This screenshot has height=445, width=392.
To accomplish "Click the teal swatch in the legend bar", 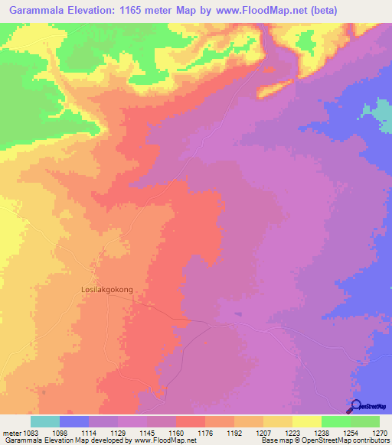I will pos(45,421).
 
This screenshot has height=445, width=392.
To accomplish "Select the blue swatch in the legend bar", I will pos(74,421).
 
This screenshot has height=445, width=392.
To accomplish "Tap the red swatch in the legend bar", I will pos(191,421).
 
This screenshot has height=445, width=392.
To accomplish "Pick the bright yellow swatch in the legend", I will pos(307,421).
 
